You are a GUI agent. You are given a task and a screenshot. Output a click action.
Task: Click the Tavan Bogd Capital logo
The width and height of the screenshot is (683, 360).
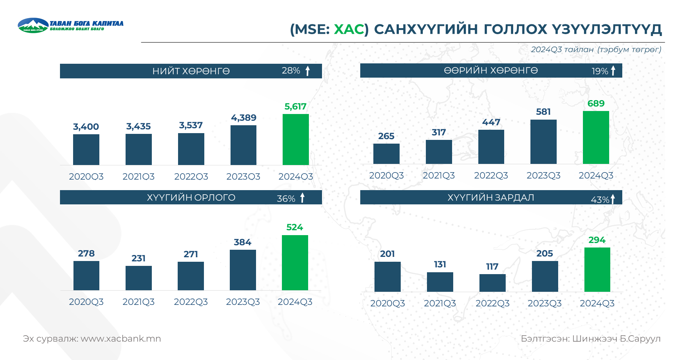[70, 25]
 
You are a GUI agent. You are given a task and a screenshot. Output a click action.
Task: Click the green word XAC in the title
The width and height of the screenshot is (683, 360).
[349, 29]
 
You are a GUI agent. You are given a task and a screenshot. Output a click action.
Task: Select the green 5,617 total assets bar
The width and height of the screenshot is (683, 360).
[296, 139]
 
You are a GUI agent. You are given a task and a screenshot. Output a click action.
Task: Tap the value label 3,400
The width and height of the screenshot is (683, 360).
[86, 127]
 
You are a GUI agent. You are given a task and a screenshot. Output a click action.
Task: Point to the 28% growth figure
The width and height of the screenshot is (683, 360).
[291, 70]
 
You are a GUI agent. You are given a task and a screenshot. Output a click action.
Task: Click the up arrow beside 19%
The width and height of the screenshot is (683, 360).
[613, 70]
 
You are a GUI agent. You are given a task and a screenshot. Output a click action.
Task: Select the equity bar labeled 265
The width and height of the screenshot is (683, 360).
[386, 154]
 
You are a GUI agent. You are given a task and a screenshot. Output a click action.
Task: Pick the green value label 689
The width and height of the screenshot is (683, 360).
[596, 103]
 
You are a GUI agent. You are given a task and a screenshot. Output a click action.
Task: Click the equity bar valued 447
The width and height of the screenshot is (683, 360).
[491, 147]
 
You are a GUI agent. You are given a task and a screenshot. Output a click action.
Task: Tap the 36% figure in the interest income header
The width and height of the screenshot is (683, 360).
[286, 199]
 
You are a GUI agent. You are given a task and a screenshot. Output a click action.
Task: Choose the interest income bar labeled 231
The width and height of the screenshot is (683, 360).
[139, 278]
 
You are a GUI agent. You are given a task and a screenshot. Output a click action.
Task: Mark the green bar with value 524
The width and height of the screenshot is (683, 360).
[295, 262]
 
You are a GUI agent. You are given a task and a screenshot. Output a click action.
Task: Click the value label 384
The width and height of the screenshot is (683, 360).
[243, 242]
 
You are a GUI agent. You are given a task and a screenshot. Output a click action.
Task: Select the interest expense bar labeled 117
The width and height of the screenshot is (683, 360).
[493, 283]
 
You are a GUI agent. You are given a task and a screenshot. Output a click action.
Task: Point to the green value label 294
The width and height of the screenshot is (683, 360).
[597, 240]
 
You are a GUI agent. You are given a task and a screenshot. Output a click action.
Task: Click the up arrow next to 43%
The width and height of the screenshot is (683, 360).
[613, 199]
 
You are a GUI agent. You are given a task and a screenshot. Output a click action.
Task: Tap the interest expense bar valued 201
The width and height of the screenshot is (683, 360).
[388, 277]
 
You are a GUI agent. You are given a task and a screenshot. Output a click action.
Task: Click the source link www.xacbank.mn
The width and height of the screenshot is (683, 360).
[121, 339]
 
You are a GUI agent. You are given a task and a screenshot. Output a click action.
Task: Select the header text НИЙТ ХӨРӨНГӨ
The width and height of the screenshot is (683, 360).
[191, 71]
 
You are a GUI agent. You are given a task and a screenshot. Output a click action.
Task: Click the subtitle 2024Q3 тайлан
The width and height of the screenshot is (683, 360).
[562, 49]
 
